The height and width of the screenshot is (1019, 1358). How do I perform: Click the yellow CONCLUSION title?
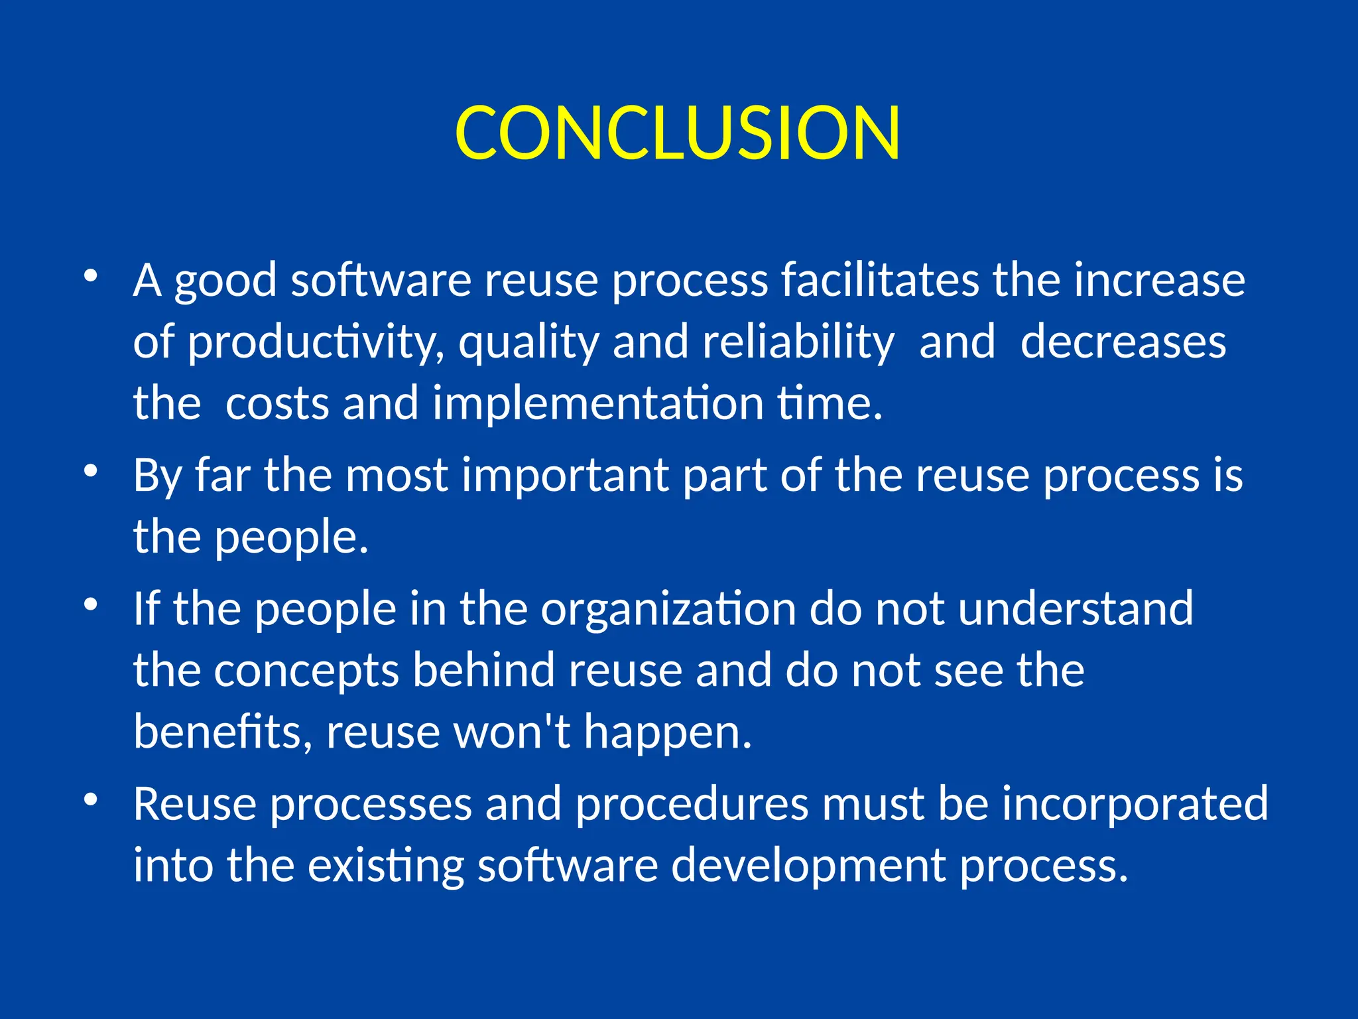tap(678, 133)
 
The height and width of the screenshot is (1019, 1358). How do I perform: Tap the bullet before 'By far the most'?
tap(91, 470)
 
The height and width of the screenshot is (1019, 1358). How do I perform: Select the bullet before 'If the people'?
tap(91, 604)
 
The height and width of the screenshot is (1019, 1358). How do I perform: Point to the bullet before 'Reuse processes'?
tap(91, 799)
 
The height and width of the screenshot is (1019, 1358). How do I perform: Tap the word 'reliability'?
tap(798, 343)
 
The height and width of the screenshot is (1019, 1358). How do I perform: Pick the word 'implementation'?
tap(598, 404)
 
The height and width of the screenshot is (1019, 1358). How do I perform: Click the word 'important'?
tap(565, 475)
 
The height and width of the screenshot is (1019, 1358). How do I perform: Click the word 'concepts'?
tap(306, 671)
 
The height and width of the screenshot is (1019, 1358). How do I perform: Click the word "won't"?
tap(511, 732)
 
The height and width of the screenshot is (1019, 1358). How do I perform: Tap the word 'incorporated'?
tap(1135, 804)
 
